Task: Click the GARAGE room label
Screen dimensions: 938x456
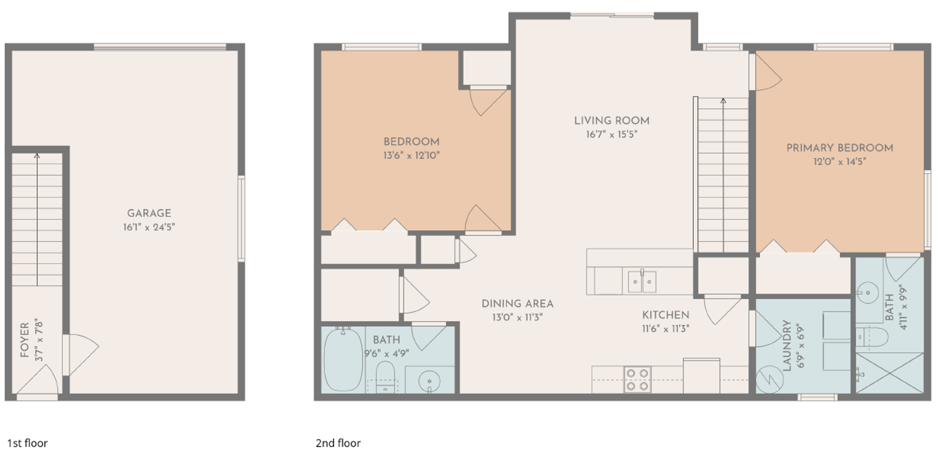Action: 149,213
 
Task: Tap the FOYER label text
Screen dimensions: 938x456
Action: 25,340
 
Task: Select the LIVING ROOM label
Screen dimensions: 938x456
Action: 612,121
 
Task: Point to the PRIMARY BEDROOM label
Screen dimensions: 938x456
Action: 839,148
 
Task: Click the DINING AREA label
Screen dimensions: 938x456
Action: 517,304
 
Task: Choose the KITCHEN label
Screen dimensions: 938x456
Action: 665,315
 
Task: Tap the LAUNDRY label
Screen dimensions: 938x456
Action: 787,346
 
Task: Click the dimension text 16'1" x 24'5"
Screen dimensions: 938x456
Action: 149,227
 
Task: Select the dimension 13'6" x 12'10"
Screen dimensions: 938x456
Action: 411,155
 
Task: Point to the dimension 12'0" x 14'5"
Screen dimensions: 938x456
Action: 839,161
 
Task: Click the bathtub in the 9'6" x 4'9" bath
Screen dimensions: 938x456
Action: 343,359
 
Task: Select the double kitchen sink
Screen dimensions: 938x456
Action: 642,282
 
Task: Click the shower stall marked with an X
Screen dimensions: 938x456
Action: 890,373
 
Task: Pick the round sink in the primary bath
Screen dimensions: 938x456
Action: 868,293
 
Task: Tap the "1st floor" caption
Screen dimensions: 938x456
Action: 27,443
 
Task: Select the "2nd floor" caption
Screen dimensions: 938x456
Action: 338,443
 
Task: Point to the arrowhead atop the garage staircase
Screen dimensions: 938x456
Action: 37,156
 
